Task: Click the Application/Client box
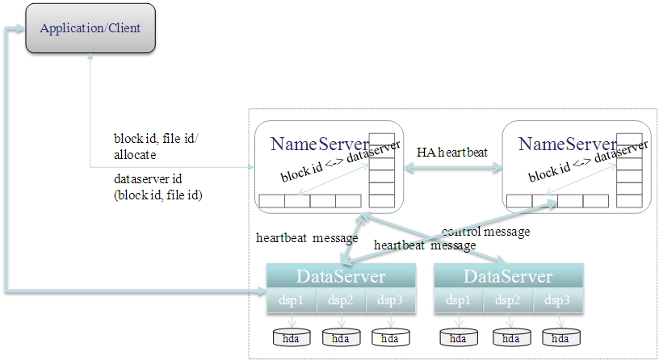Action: coord(90,28)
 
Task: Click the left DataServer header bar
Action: coord(341,276)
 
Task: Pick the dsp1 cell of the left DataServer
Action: coord(292,301)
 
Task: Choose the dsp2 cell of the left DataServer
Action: coord(341,301)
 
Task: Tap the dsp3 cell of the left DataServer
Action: coord(390,301)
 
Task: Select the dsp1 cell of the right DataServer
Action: coord(458,301)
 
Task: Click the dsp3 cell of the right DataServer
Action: coord(556,301)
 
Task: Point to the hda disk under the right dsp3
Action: coord(559,337)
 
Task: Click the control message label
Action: coord(485,232)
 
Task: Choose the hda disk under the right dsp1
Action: coord(457,337)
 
